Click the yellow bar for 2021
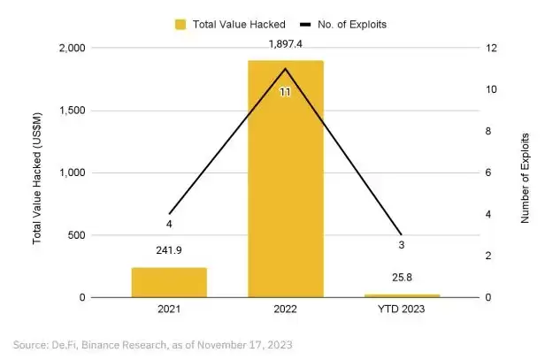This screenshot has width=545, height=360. click(169, 282)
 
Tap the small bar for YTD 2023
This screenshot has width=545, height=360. click(402, 295)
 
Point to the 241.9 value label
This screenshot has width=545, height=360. click(169, 249)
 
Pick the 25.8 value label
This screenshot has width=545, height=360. click(402, 278)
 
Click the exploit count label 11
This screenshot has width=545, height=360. click(285, 91)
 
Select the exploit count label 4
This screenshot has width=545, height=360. click(169, 225)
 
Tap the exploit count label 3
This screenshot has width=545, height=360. click(402, 245)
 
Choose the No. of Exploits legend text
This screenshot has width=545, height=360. click(347, 24)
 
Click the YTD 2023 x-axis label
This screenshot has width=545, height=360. click(402, 310)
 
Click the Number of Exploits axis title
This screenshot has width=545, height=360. click(524, 173)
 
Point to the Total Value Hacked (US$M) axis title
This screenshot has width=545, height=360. click(36, 173)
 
